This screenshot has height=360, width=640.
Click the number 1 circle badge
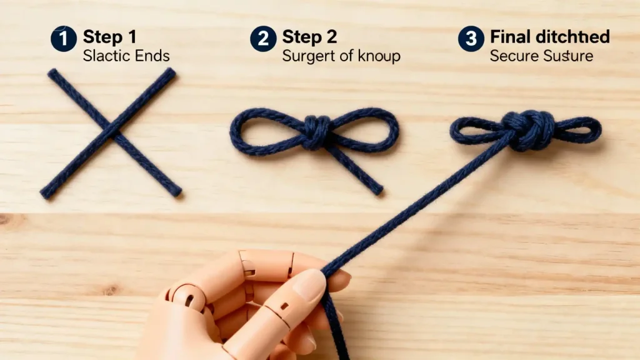(64, 39)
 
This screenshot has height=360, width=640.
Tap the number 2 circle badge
(263, 39)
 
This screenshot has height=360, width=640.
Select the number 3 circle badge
(471, 39)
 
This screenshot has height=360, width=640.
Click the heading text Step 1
(109, 36)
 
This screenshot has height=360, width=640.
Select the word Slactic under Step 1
(103, 56)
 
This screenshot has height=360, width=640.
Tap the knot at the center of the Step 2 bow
(317, 131)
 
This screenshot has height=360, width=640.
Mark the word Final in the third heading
(509, 36)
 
